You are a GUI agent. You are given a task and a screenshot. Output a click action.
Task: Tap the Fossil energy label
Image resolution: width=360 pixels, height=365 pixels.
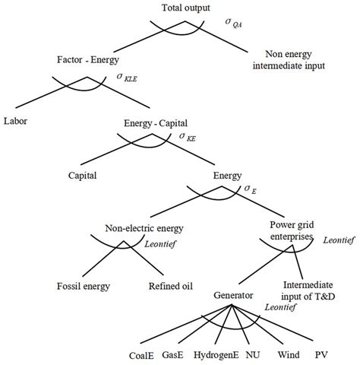point(83,287)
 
